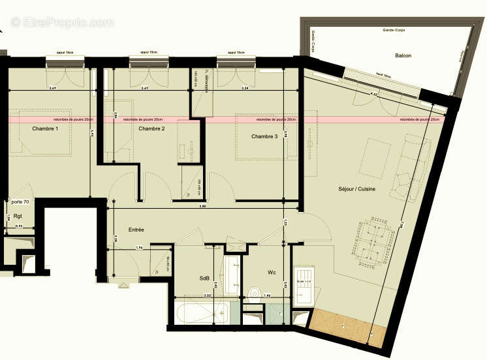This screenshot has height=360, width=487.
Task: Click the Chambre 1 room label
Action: tap(45, 129)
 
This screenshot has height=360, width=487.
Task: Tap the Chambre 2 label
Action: tap(151, 129)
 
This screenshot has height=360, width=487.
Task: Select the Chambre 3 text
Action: tap(264, 136)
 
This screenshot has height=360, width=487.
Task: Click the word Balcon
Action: tap(403, 56)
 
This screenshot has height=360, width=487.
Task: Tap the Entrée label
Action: tap(136, 230)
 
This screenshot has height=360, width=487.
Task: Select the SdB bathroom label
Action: tap(205, 278)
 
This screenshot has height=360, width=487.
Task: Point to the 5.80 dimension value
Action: tap(203, 206)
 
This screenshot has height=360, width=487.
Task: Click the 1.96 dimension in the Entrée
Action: tap(138, 247)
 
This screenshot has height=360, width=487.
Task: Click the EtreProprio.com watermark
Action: tap(62, 23)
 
